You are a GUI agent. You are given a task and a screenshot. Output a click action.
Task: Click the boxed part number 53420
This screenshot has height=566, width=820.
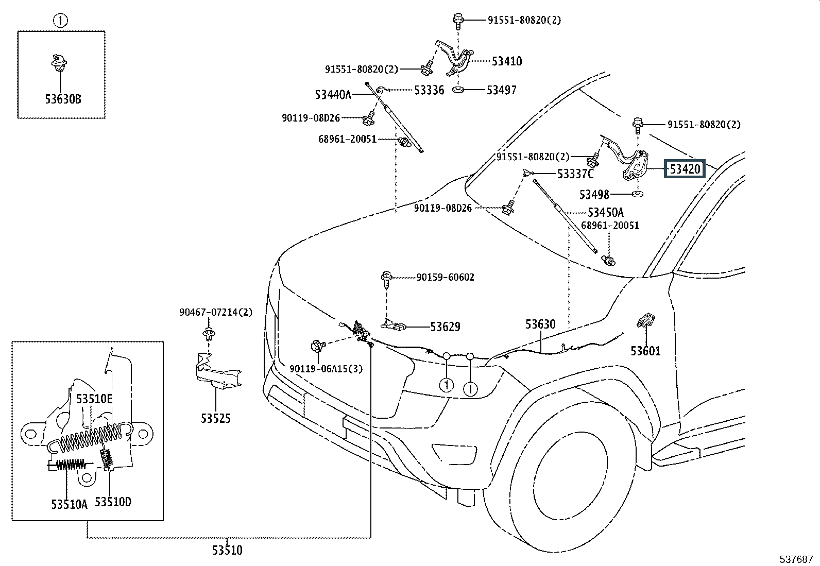685,169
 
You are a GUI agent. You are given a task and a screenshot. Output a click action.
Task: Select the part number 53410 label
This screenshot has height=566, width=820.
506,61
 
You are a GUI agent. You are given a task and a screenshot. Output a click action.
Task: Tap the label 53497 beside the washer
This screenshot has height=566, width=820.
501,90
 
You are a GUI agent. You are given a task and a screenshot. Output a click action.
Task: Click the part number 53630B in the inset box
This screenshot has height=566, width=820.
63,99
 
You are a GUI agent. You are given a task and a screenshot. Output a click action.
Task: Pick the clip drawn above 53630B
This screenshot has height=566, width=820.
61,62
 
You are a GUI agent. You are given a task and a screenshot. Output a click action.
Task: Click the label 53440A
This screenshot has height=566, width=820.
333,95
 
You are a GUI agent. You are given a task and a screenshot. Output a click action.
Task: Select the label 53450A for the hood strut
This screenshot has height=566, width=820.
606,212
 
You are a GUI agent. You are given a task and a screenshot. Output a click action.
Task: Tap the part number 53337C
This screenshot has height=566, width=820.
575,174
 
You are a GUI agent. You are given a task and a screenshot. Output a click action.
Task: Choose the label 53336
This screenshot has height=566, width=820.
429,90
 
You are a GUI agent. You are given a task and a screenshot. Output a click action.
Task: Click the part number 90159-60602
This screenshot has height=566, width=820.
445,277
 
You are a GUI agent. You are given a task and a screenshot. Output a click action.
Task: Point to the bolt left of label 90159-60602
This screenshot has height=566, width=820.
386,278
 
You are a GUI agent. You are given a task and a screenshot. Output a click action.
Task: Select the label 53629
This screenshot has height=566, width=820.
445,327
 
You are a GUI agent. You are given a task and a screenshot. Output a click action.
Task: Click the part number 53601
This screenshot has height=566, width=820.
645,351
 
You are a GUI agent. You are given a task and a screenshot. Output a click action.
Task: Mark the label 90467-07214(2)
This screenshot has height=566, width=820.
216,312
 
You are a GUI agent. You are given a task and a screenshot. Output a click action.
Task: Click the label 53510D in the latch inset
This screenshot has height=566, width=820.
113,502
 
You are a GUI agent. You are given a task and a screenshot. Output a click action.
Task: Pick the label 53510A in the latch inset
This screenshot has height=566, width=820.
69,504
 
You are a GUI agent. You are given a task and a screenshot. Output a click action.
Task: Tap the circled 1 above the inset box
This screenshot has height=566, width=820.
61,21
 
